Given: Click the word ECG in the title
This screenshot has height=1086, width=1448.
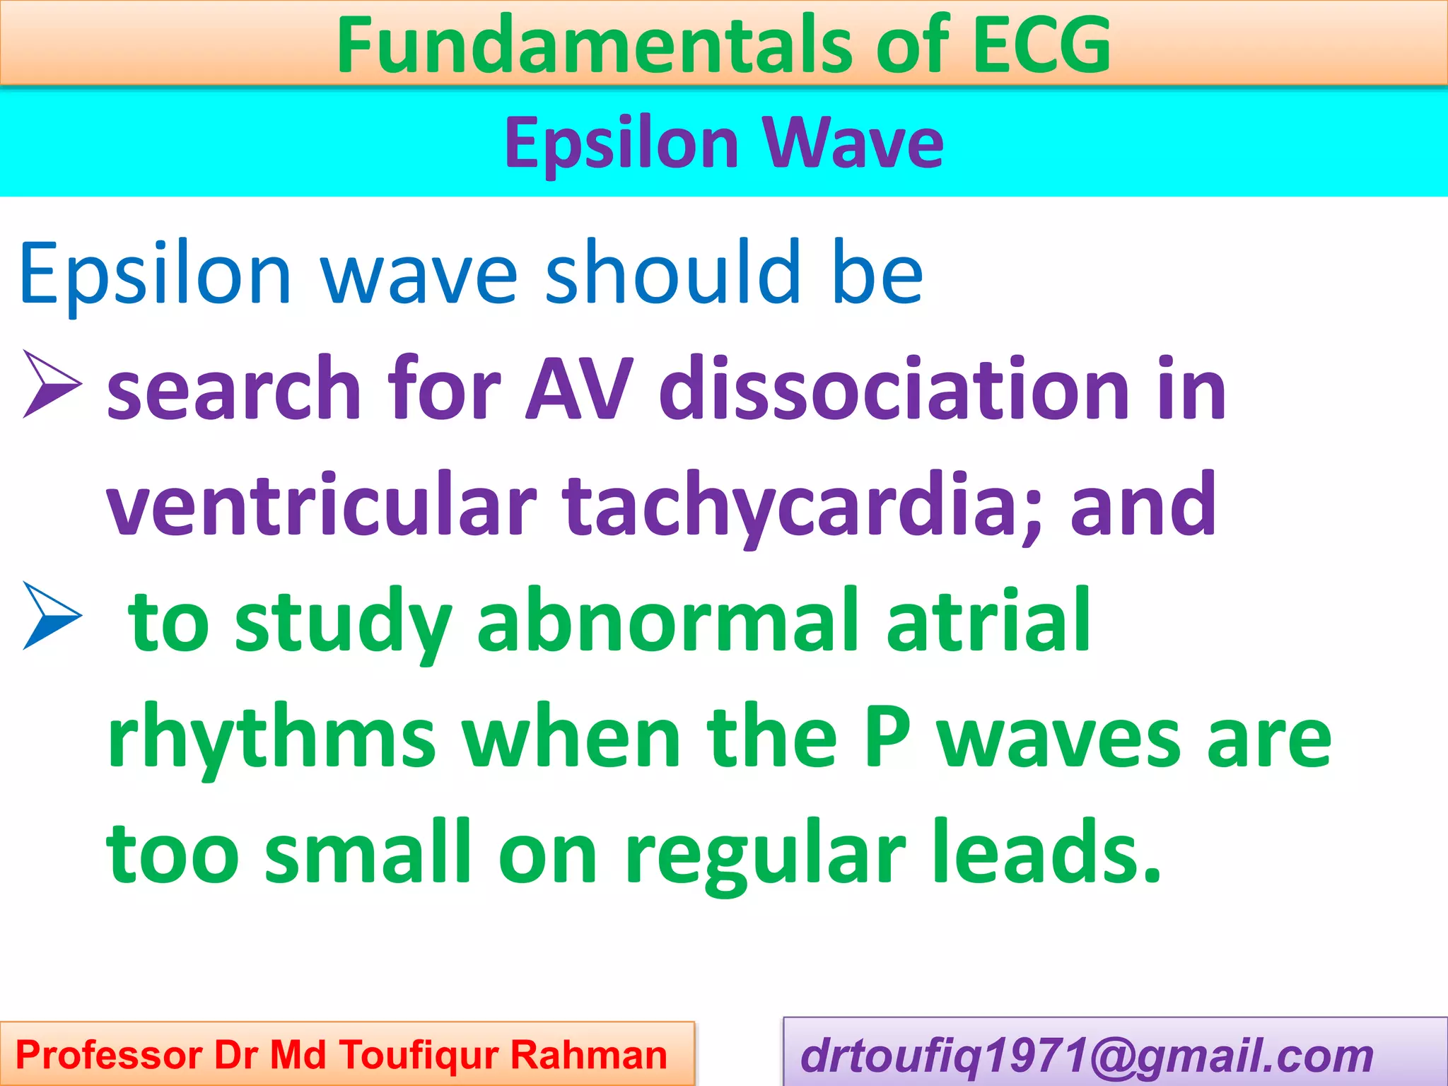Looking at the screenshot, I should point(1041,45).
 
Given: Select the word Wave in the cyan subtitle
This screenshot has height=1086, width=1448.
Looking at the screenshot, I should point(853,144).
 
